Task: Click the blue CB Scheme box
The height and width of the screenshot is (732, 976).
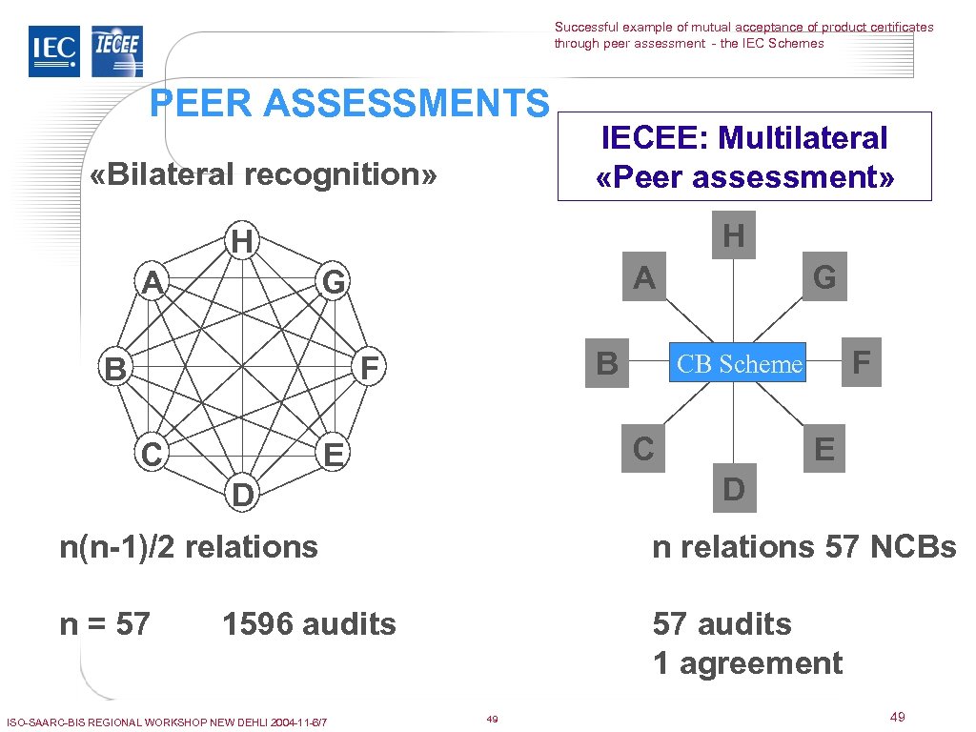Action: [x=738, y=363]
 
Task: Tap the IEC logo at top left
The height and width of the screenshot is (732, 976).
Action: [x=54, y=51]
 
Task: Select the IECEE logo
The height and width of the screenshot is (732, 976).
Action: [x=116, y=51]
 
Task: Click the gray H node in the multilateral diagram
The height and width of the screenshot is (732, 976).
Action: [x=733, y=235]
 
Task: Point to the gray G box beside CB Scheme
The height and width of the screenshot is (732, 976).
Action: [x=824, y=277]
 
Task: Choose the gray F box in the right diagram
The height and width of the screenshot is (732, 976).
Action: [x=862, y=363]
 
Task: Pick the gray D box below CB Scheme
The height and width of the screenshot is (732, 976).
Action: [x=733, y=489]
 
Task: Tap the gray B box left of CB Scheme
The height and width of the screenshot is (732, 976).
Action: [x=607, y=363]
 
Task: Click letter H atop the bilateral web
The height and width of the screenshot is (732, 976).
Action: [x=242, y=242]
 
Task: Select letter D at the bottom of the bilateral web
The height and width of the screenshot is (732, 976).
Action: [x=243, y=496]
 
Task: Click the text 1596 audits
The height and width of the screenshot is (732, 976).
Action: [x=309, y=624]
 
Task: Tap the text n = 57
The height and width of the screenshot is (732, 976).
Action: [x=105, y=624]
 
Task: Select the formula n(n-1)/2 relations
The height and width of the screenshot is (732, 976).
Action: [x=189, y=547]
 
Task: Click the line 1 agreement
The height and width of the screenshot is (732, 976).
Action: [x=748, y=663]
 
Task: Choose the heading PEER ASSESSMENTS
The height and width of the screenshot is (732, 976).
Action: [x=350, y=103]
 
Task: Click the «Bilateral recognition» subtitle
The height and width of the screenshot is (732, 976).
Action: [x=262, y=174]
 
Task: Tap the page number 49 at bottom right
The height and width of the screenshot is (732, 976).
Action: [x=897, y=717]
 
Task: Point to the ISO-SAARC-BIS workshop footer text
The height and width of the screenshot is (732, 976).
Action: [x=167, y=722]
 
